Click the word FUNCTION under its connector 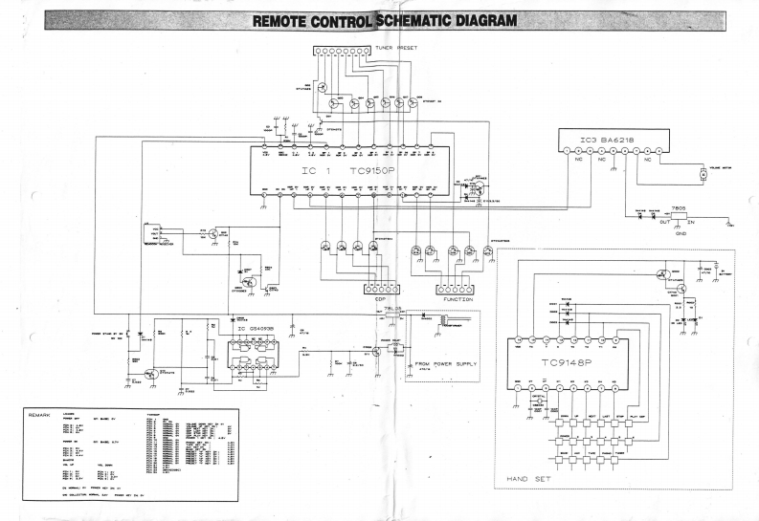pyautogui.click(x=458, y=299)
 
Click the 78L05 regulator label pyautogui.click(x=391, y=310)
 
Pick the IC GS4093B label pyautogui.click(x=256, y=328)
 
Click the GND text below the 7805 pyautogui.click(x=680, y=233)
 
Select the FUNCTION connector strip pyautogui.click(x=457, y=288)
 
